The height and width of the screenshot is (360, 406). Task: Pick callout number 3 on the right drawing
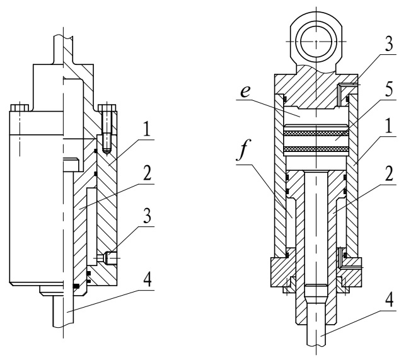click(x=389, y=44)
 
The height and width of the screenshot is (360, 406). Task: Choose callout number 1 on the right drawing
click(x=389, y=125)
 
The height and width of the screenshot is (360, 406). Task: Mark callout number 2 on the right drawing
click(x=389, y=174)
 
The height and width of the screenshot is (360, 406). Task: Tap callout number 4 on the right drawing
click(x=389, y=300)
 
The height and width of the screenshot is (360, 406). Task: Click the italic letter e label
click(x=245, y=91)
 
